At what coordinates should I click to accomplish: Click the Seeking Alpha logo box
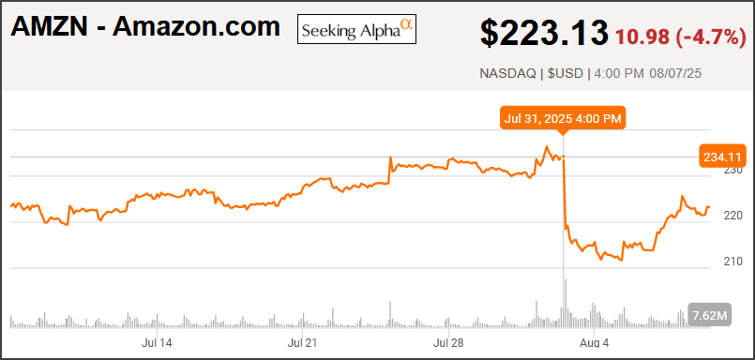tap(356, 29)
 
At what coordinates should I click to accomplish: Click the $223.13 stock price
tap(543, 33)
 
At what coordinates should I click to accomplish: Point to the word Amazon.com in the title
tap(196, 27)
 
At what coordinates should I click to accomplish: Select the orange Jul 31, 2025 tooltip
tap(563, 118)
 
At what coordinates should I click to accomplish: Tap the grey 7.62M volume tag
tap(709, 315)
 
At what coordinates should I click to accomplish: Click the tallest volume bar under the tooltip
tap(564, 305)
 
